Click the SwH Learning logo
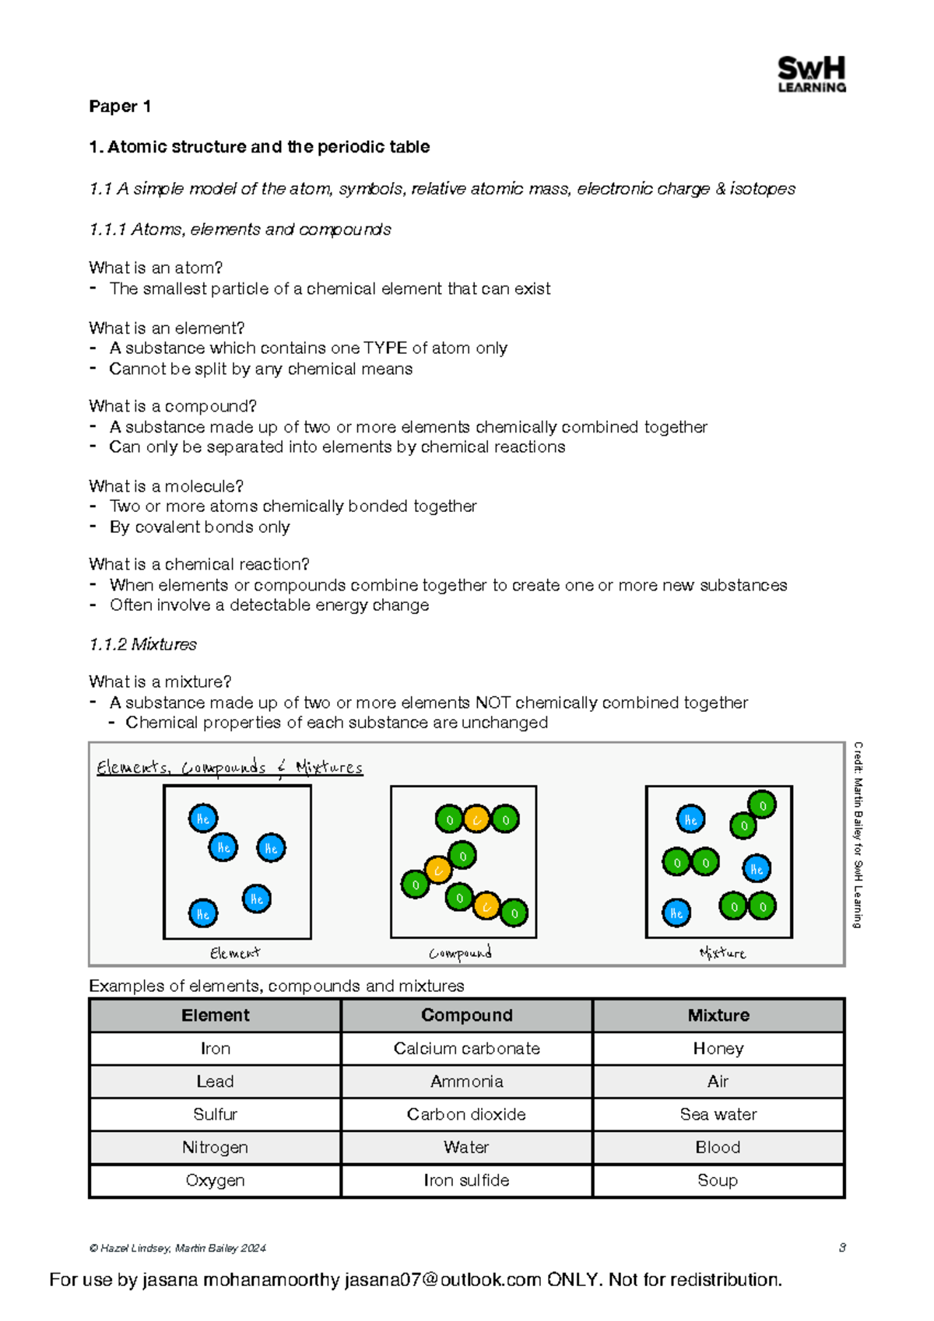[811, 75]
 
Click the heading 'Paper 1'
[120, 107]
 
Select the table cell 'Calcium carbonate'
[466, 1049]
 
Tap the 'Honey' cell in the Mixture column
[718, 1049]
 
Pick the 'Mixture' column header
[718, 1015]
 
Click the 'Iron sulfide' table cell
[466, 1180]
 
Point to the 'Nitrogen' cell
[215, 1148]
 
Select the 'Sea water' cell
[718, 1114]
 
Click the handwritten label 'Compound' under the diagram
[460, 953]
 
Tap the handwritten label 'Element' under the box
[235, 953]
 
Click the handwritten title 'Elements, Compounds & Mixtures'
[230, 768]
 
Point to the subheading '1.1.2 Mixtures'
[142, 644]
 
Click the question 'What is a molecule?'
[166, 486]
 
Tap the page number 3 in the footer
[841, 1247]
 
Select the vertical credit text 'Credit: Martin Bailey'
[858, 834]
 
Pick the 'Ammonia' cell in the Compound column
[466, 1081]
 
